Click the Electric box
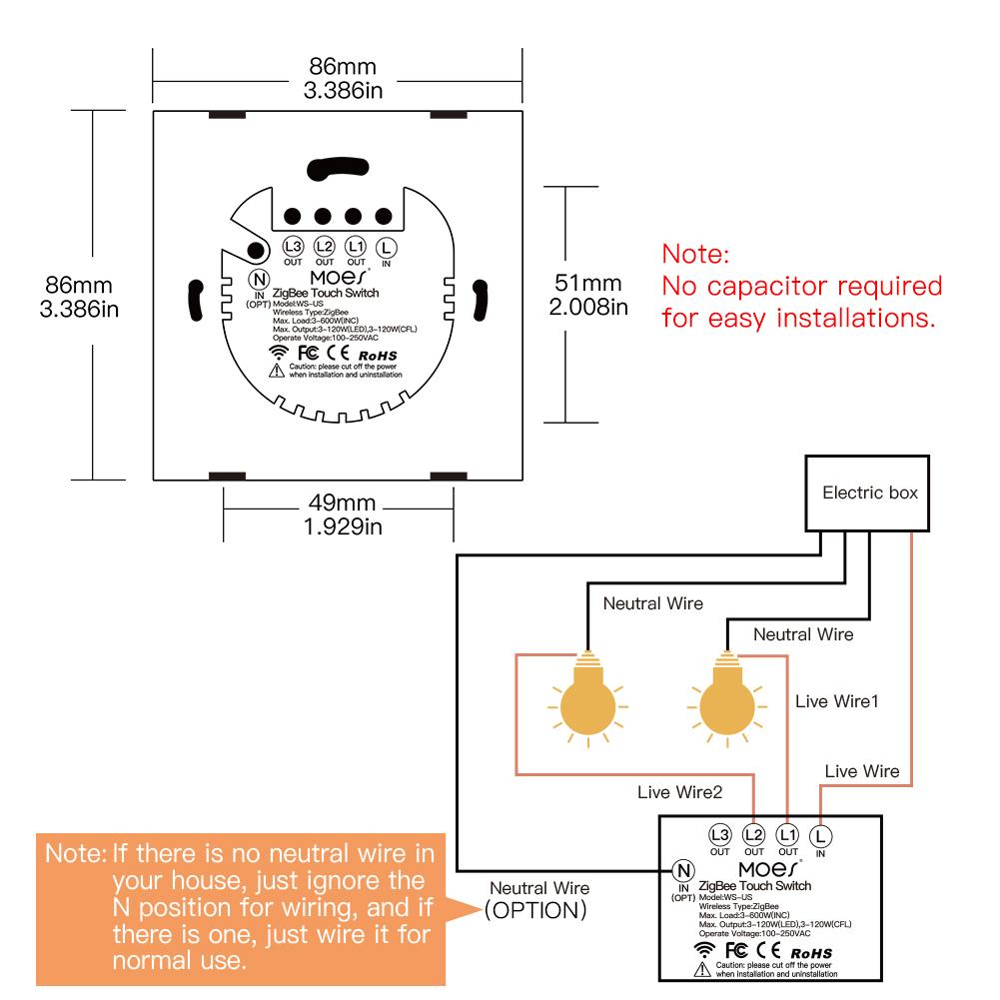869,494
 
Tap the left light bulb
585,699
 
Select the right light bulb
724,699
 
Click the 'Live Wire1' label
837,701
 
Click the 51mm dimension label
588,285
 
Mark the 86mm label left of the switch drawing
79,286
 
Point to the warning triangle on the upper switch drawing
275,371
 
